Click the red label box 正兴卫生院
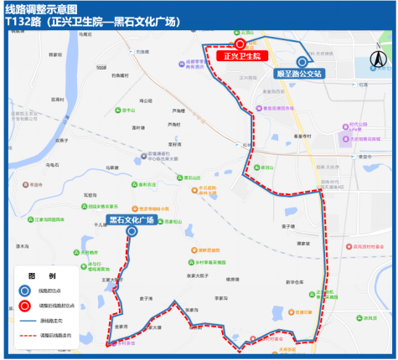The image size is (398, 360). point(242,56)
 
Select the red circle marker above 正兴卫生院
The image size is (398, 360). point(240,44)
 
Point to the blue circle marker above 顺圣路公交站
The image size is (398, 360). point(302,61)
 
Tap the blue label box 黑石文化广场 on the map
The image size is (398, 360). point(131,219)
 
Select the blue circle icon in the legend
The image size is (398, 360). point(26,291)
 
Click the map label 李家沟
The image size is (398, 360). point(221,297)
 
